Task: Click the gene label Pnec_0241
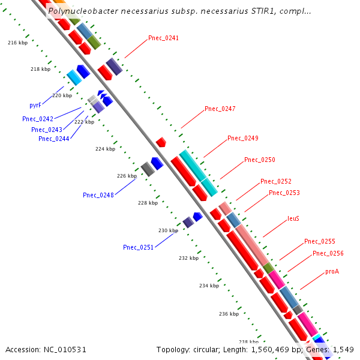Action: (163, 38)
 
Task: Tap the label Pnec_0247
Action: (220, 109)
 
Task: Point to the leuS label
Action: (293, 218)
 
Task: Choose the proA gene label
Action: (332, 271)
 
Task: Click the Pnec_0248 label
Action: (98, 195)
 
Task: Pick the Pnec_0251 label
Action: (138, 247)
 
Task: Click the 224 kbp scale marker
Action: (104, 149)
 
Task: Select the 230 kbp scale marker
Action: (168, 230)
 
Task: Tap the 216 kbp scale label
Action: (17, 43)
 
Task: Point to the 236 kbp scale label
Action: (229, 314)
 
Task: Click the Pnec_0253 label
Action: (284, 193)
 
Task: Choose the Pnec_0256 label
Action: (328, 253)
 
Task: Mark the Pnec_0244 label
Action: (53, 139)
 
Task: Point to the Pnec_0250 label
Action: (259, 160)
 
